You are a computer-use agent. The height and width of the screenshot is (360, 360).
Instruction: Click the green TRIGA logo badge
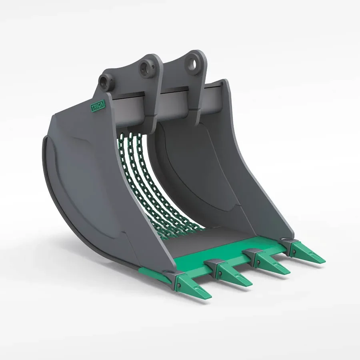(96, 107)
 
